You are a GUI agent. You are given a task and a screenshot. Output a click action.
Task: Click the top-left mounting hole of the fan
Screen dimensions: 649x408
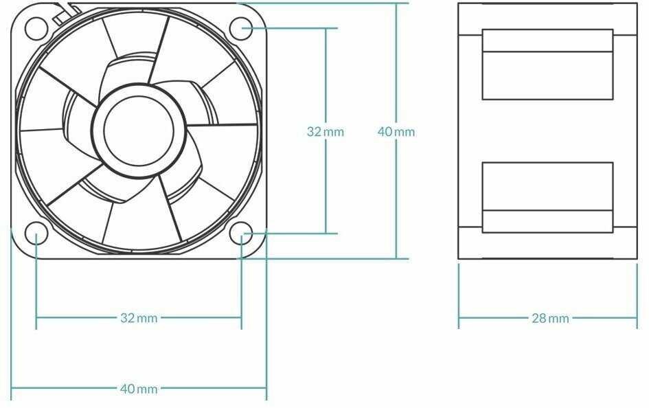click(36, 29)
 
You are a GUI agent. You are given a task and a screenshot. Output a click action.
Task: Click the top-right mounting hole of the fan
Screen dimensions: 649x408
click(241, 29)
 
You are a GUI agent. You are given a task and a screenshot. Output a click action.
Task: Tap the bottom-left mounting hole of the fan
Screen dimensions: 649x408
click(36, 234)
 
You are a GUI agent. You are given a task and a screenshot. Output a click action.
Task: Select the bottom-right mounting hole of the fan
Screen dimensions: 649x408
click(241, 234)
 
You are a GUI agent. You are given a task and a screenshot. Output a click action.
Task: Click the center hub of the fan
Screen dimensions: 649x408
click(139, 131)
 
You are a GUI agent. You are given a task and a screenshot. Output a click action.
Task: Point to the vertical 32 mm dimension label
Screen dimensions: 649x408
click(326, 132)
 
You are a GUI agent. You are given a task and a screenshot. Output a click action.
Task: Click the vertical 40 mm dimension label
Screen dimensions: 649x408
click(396, 132)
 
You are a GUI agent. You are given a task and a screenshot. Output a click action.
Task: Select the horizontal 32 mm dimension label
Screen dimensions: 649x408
click(139, 318)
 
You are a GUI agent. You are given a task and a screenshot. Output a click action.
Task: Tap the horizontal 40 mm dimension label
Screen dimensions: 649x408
click(139, 389)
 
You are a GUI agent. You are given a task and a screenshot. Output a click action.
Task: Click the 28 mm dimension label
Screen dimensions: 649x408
click(550, 318)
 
